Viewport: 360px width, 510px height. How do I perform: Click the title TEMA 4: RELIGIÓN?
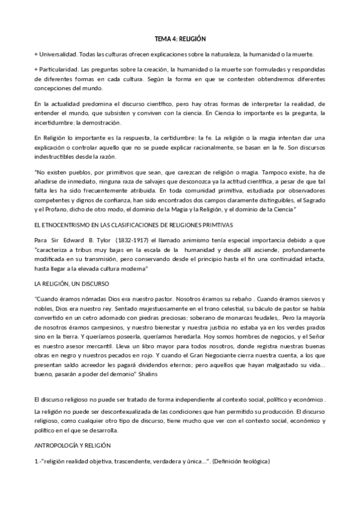pos(180,37)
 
